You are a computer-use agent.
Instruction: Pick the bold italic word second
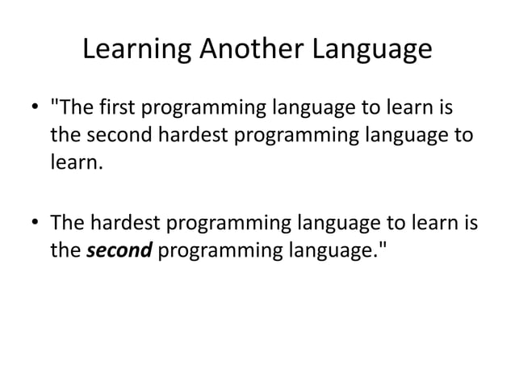coord(119,249)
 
